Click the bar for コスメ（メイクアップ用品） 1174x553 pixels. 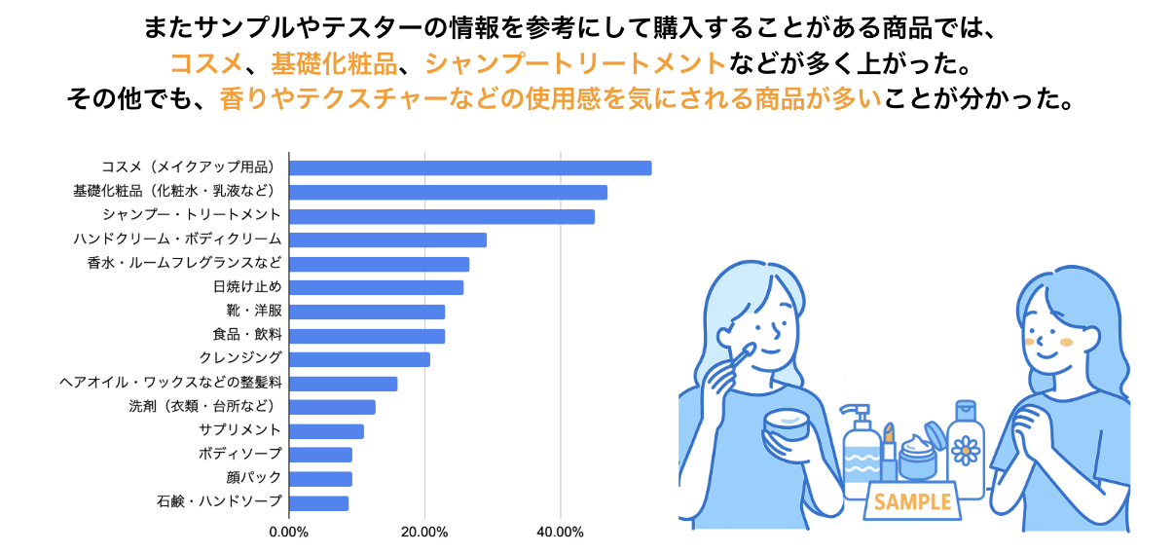click(x=470, y=168)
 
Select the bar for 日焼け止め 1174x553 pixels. click(x=377, y=287)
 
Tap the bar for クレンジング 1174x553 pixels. click(x=360, y=359)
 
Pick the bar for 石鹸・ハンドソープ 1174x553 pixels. click(x=319, y=502)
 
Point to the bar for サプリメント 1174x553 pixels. click(x=327, y=430)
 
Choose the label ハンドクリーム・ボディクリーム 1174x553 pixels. click(x=177, y=240)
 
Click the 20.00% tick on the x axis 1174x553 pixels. click(x=424, y=532)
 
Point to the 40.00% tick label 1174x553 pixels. click(x=560, y=532)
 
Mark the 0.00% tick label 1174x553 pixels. click(x=288, y=532)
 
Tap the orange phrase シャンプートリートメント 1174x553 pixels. click(x=576, y=64)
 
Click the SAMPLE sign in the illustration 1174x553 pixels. click(x=912, y=501)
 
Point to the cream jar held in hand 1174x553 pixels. click(x=787, y=424)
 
